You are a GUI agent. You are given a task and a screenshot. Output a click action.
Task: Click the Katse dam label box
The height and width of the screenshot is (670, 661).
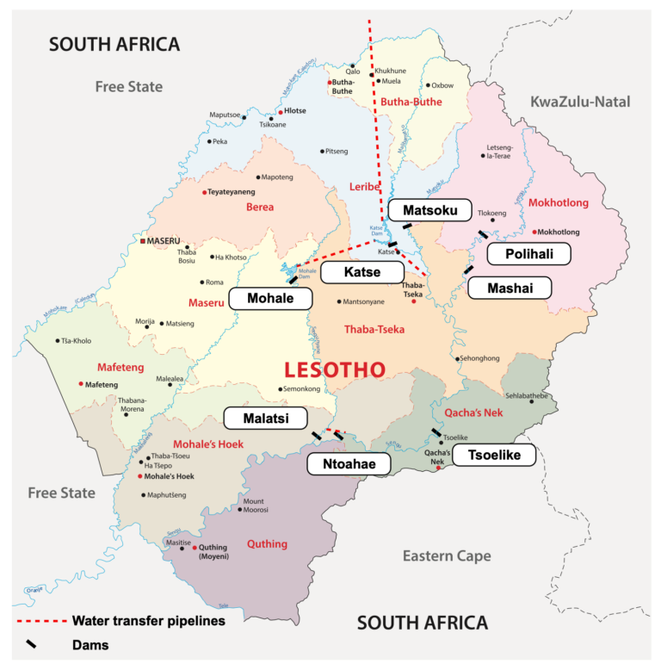point(361,273)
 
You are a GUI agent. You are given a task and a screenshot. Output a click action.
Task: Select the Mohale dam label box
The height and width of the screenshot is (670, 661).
point(270,299)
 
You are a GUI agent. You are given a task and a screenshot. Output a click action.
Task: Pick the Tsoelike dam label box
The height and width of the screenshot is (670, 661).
point(493,456)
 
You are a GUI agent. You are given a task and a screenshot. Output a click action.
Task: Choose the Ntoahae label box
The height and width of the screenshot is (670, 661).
point(348,463)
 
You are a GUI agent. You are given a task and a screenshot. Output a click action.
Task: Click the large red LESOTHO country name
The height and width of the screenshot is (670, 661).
point(335,370)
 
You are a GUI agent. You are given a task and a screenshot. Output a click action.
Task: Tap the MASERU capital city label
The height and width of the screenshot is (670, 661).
point(164,240)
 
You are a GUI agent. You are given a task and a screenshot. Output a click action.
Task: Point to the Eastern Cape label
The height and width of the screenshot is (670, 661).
point(447,555)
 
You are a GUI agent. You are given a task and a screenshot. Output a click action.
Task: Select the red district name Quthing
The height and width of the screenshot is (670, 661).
point(267,543)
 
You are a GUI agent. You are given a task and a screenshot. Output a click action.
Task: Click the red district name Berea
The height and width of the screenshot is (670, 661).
point(260,207)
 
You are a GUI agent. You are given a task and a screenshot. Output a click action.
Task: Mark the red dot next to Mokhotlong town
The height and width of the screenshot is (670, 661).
point(534,232)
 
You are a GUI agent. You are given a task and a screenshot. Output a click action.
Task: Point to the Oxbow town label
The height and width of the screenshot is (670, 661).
point(442,85)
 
